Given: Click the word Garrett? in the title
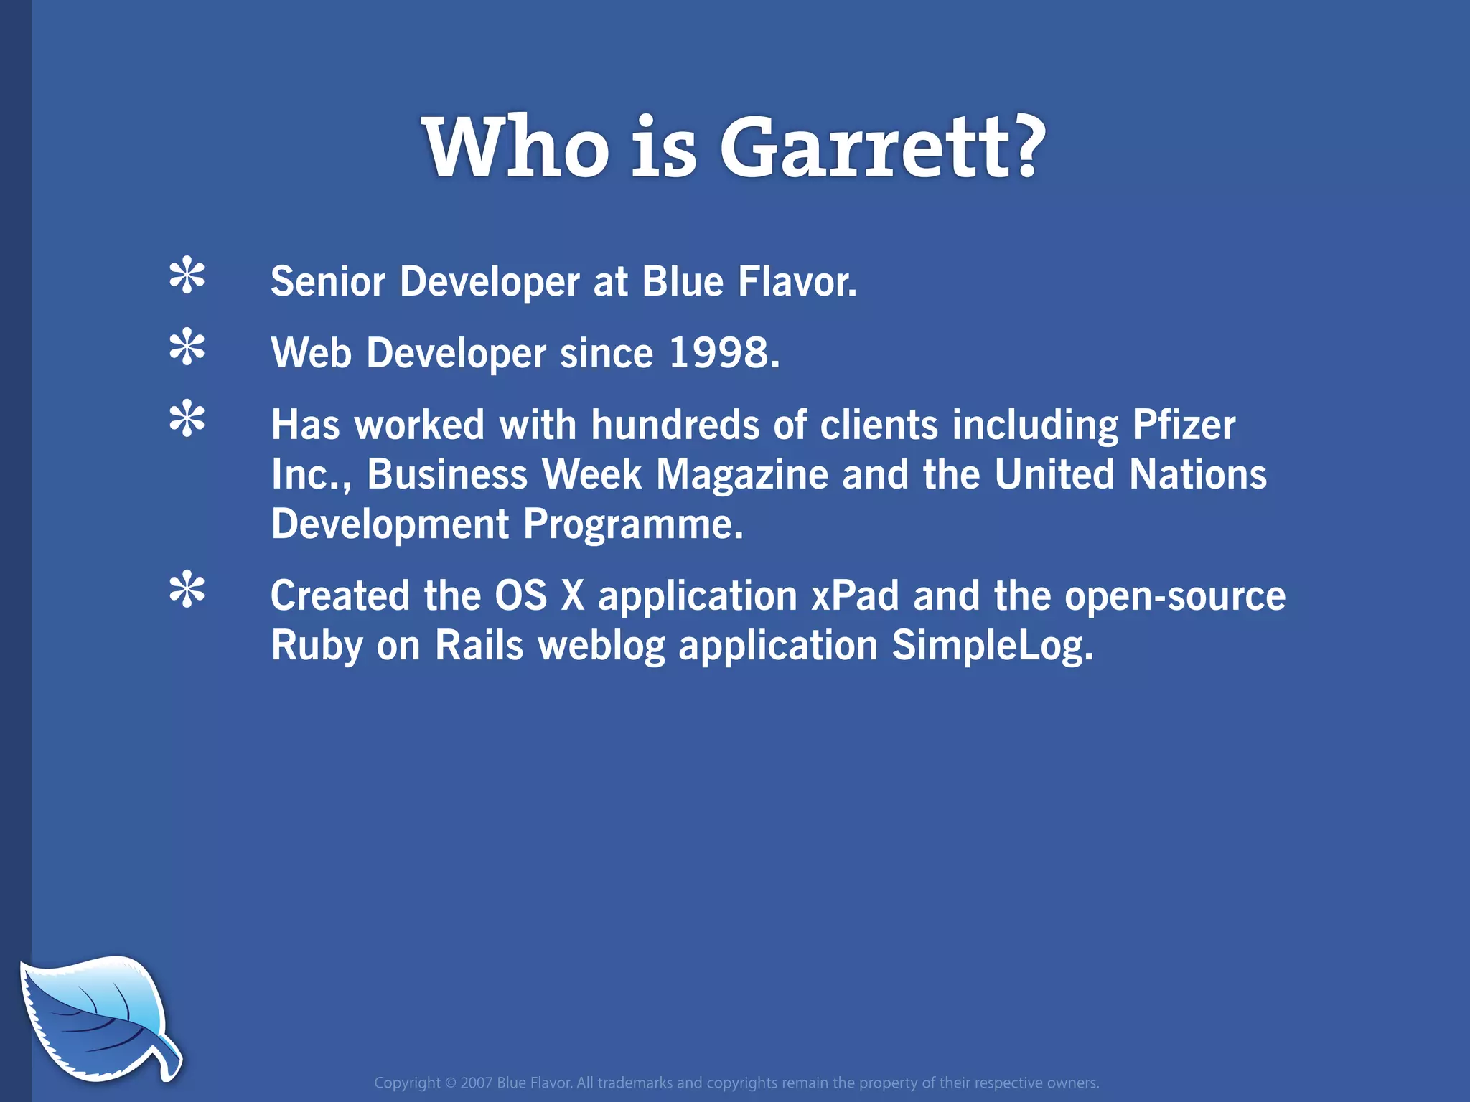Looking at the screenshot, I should coord(881,148).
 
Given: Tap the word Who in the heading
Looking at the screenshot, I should coord(515,148).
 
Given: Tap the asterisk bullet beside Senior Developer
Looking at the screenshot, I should coord(187,275).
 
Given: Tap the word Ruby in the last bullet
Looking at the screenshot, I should coord(317,645).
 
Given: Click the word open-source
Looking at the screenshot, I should coord(1174,596).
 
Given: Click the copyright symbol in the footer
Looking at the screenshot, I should coord(450,1083).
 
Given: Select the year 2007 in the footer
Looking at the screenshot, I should coord(476,1083).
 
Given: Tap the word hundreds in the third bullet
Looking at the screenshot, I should coord(675,425).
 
